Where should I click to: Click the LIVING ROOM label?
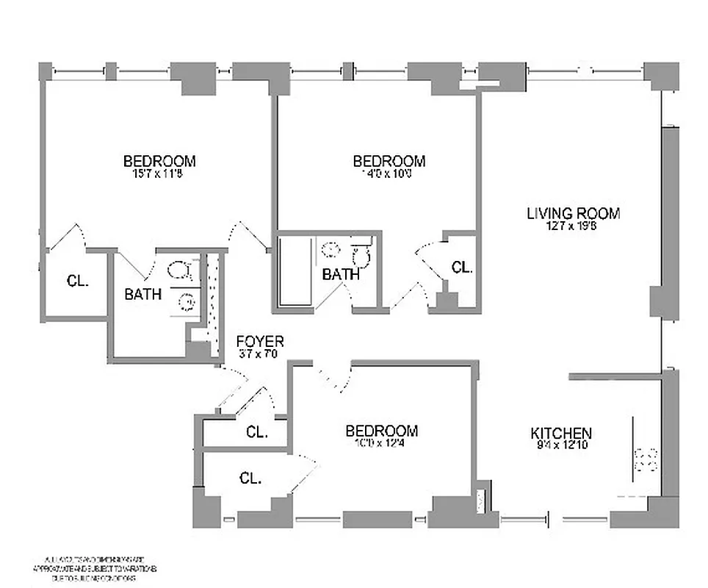(573, 213)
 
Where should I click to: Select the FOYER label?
(259, 341)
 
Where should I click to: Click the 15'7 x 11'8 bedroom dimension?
(159, 174)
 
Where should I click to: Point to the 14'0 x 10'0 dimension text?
(389, 174)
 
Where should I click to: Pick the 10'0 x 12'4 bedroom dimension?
(381, 443)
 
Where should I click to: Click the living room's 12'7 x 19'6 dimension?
(573, 226)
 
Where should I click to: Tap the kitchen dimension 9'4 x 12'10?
(561, 445)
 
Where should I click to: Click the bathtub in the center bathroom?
(295, 272)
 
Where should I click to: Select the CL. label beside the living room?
(461, 268)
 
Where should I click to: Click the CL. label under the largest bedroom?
(77, 280)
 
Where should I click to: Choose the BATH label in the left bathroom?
(142, 294)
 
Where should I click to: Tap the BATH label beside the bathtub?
(341, 275)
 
